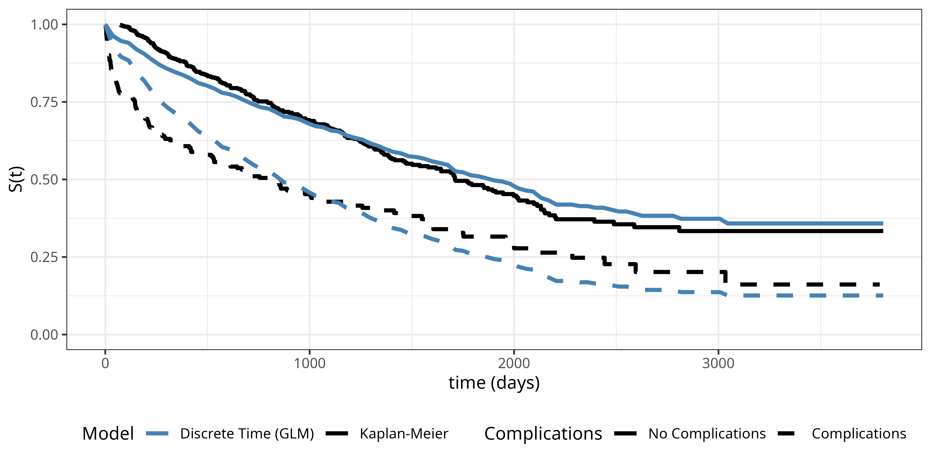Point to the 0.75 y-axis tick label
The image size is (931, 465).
tap(44, 102)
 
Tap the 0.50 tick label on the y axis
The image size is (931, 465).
tap(44, 180)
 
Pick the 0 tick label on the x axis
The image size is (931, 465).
tap(105, 363)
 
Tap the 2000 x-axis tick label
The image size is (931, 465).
tap(514, 363)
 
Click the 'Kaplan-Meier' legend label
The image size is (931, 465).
tap(404, 434)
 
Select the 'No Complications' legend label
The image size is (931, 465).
tap(707, 434)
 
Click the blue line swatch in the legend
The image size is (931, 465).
tap(157, 434)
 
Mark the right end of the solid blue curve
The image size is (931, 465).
tap(882, 223)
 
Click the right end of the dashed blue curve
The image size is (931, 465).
tap(882, 296)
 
